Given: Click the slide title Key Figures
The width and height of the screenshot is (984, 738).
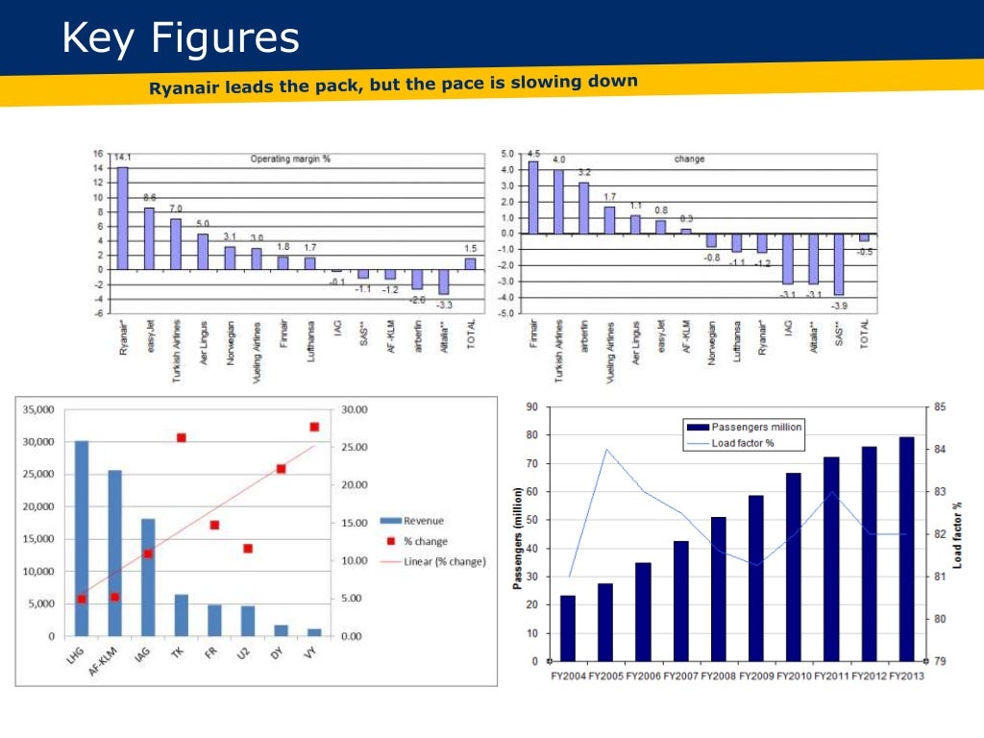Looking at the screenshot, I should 181,38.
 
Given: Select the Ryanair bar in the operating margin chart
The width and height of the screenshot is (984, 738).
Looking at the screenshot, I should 122,218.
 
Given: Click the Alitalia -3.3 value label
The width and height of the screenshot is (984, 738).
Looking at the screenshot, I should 445,304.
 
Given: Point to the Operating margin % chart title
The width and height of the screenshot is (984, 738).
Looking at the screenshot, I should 290,159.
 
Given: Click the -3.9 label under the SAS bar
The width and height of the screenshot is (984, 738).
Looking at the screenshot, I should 839,305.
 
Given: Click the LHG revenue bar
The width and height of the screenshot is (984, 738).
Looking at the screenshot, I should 82,538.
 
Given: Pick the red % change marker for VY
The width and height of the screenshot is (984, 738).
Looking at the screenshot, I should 314,427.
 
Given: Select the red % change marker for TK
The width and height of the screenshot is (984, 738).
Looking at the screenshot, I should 181,438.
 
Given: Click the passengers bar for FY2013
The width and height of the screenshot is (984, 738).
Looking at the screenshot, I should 906,549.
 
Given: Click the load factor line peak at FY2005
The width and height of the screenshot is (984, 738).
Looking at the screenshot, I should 605,449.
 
